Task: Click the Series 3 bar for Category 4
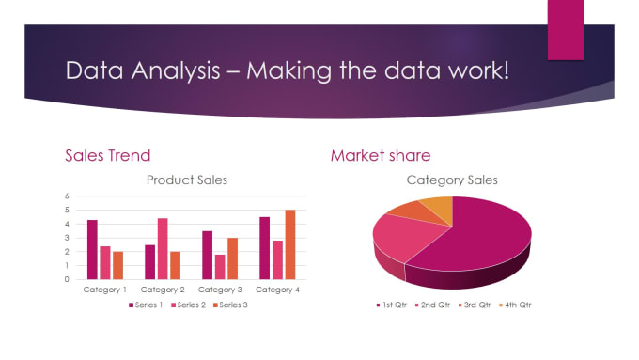(x=290, y=244)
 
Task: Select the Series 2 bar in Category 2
(x=163, y=249)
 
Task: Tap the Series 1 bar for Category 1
(x=92, y=249)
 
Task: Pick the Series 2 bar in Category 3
(x=219, y=267)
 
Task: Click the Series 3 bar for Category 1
(x=117, y=265)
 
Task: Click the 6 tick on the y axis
(x=67, y=196)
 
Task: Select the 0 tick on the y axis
(x=67, y=279)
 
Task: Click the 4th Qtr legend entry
(x=516, y=305)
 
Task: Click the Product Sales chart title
(x=188, y=180)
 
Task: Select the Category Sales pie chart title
(x=452, y=180)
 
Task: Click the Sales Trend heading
(x=107, y=155)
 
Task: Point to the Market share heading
(x=381, y=155)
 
